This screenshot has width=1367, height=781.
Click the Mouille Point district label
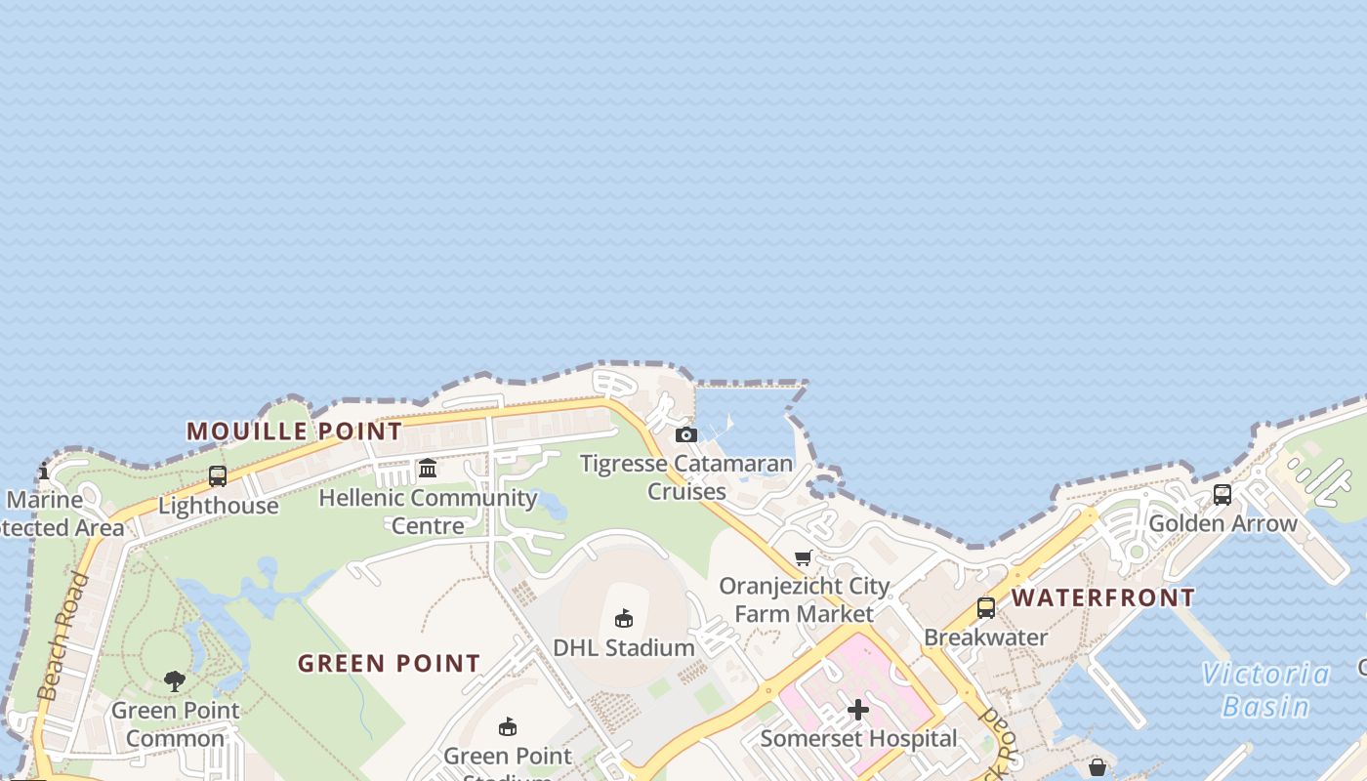point(294,431)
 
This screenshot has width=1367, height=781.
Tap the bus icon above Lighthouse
point(218,476)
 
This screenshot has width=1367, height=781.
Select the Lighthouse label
point(218,506)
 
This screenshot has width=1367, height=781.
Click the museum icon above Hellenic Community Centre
point(428,469)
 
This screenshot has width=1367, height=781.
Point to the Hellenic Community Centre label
point(428,511)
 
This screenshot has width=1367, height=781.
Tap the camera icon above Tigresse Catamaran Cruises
point(686,434)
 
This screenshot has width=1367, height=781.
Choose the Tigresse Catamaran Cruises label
point(686,476)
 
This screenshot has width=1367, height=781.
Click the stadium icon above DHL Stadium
point(624,618)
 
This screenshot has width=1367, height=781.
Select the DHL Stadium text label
point(624,647)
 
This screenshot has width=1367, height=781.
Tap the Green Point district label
point(389,664)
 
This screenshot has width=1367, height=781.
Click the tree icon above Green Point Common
point(175,680)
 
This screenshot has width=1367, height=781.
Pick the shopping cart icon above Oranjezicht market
point(804,557)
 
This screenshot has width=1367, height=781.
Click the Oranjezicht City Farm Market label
point(804,599)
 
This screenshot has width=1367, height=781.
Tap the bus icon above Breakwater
point(986,608)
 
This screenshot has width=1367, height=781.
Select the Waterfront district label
point(1102,597)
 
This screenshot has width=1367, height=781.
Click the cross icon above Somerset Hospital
point(858,710)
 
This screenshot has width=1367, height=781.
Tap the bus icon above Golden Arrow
point(1222,495)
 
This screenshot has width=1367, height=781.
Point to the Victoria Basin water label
point(1265,689)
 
